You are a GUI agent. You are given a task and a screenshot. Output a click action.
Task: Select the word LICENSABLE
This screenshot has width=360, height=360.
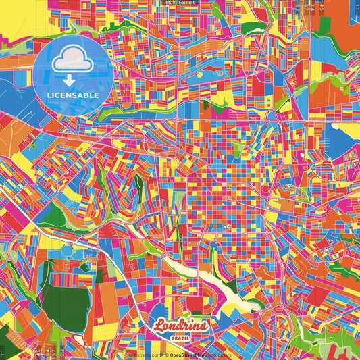72,95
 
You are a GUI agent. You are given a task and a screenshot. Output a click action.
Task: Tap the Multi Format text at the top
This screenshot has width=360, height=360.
180,3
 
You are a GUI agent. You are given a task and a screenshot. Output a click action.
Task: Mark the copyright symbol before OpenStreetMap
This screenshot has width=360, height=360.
166,354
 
